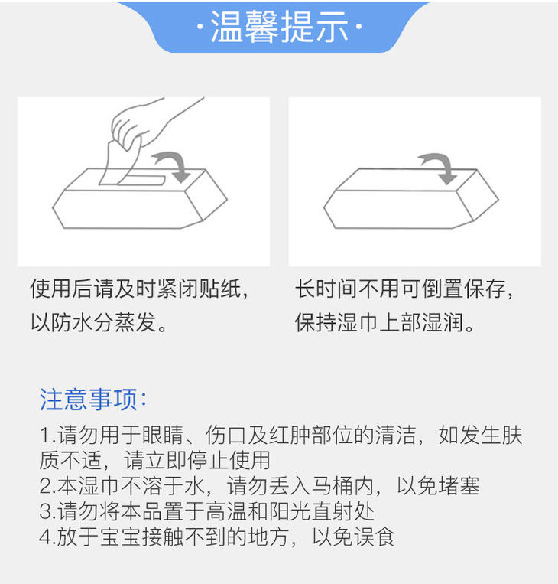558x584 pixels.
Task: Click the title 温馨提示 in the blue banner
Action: (279, 27)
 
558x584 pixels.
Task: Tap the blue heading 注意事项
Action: (89, 400)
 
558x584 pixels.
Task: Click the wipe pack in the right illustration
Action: (411, 198)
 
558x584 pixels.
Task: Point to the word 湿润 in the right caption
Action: (443, 322)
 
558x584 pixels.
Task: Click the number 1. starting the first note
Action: (48, 436)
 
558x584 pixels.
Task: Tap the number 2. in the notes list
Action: (48, 486)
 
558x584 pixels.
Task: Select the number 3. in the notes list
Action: (48, 511)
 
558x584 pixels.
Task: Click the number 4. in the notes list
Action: (48, 537)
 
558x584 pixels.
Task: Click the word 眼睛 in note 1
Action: (163, 435)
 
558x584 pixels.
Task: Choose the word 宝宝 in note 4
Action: (121, 537)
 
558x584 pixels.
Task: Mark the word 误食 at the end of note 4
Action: (374, 537)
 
